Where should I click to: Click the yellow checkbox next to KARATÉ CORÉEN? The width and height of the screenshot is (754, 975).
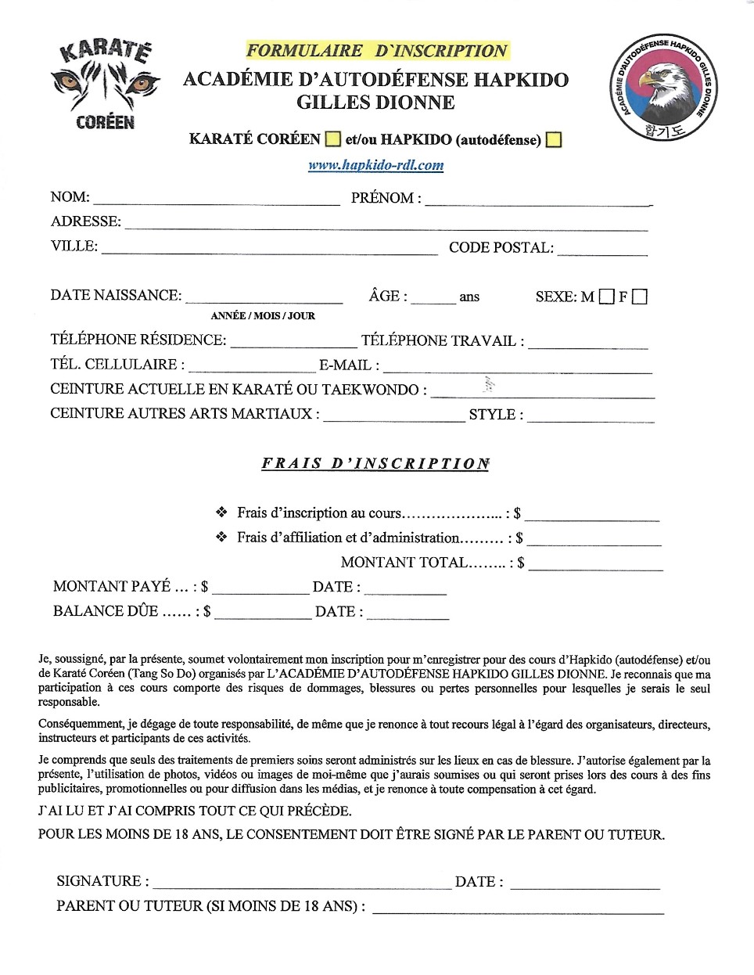click(332, 139)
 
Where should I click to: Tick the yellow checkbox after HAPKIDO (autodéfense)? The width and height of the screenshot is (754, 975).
click(554, 140)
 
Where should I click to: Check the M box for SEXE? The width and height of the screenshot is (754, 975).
click(606, 297)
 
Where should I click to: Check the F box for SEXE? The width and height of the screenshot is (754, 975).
click(640, 297)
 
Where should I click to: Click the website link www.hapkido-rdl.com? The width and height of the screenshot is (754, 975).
click(375, 165)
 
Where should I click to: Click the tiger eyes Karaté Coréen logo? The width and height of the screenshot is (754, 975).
click(105, 85)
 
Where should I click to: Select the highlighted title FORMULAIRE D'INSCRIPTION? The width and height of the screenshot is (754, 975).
click(377, 51)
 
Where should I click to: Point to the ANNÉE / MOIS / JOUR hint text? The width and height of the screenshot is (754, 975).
click(263, 316)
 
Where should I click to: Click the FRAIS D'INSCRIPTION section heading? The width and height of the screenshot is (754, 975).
click(375, 463)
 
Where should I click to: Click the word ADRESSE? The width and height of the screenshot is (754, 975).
click(86, 221)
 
